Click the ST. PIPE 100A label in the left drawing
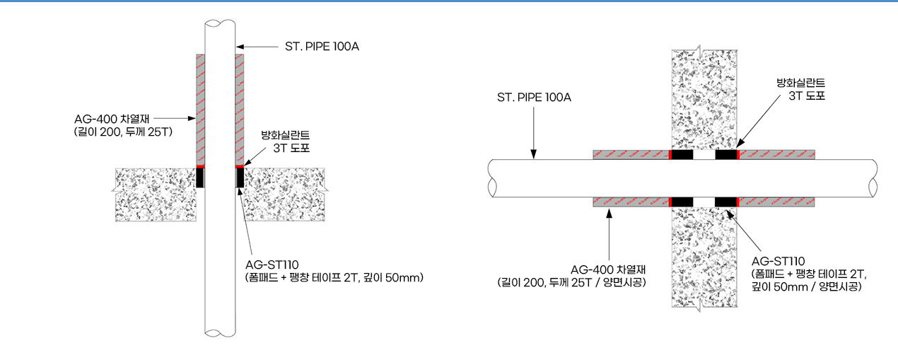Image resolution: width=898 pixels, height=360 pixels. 322,47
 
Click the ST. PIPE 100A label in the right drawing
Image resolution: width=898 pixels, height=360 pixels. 534,97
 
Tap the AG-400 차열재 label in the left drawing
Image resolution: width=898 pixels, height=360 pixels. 112,119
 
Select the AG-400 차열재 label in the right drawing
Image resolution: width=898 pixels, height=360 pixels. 608,269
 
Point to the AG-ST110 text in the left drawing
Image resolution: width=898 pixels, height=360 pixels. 272,265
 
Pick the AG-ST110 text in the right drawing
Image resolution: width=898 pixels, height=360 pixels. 778,262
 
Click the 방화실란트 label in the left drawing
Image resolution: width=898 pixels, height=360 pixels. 286,135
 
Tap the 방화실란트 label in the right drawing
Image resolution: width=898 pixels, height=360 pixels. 801,83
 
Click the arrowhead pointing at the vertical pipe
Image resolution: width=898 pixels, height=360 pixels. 240,47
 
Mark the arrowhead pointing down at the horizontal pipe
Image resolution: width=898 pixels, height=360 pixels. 534,154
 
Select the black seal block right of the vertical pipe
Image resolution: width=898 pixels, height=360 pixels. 240,178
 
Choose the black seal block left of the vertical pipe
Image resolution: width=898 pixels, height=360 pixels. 200,178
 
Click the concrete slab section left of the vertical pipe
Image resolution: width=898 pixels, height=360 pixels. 156,194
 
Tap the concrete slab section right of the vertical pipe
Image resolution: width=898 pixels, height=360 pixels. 284,194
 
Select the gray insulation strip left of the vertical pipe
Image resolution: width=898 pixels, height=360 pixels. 200,110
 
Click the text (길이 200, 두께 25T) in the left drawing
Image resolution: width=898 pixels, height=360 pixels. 123,132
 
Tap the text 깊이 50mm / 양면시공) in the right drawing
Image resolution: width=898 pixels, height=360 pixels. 807,286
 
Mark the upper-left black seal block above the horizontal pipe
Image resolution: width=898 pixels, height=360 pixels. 682,154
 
